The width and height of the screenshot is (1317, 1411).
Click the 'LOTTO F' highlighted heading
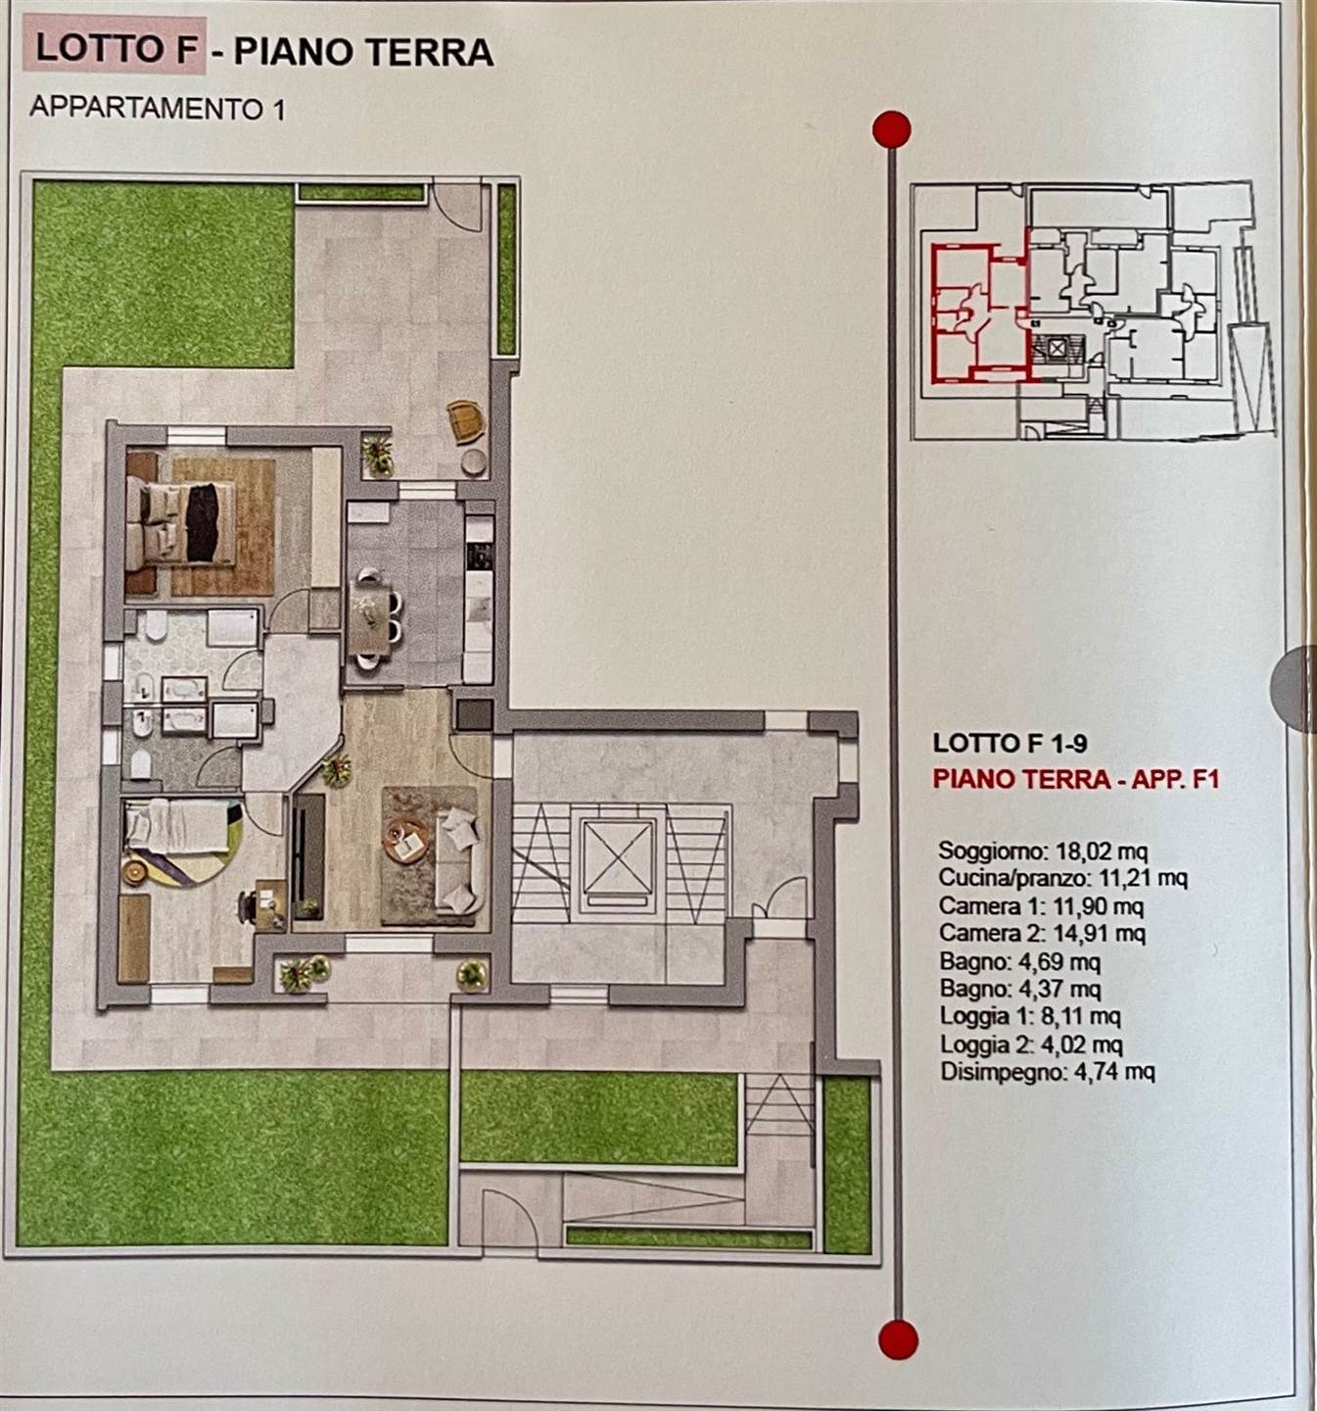click(115, 47)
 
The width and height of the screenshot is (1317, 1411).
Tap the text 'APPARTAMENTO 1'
click(157, 109)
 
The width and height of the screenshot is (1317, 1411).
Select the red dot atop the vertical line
click(892, 129)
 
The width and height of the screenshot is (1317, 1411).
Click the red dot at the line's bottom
click(898, 1339)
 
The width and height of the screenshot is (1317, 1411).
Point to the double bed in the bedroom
click(180, 522)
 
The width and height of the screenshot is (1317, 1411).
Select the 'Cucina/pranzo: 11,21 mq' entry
click(1062, 878)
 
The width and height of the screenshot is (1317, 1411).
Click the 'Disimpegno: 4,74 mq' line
click(1047, 1071)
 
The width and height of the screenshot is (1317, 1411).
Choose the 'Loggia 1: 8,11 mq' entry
click(1029, 1016)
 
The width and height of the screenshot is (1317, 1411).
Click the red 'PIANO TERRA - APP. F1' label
click(1075, 779)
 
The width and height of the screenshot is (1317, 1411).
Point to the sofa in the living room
click(461, 860)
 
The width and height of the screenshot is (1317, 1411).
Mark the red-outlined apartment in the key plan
click(979, 313)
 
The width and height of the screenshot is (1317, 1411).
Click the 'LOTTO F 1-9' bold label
click(1000, 743)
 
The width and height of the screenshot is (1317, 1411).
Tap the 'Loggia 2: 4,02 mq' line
click(1031, 1044)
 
